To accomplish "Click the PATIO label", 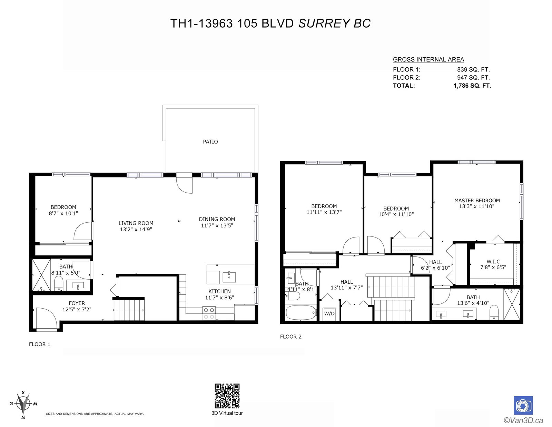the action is click(210, 142).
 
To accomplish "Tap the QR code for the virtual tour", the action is click(227, 396).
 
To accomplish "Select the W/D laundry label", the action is click(329, 314).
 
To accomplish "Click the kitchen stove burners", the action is click(209, 313).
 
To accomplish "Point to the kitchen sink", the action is click(229, 277).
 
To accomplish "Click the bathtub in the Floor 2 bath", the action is click(301, 312).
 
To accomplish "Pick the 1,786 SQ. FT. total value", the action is click(472, 86).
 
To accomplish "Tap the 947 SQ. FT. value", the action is click(473, 78).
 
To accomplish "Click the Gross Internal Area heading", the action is click(428, 59).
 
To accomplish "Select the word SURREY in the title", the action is click(324, 23).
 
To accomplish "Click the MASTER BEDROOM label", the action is click(477, 201).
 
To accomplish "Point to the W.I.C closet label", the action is click(493, 262).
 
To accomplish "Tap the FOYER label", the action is click(77, 303).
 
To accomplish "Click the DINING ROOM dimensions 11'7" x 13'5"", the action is click(217, 225).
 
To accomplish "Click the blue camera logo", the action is click(523, 405).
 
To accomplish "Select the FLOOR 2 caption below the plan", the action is click(290, 337).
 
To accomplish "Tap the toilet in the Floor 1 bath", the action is click(59, 283).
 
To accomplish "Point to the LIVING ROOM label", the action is click(136, 223).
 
